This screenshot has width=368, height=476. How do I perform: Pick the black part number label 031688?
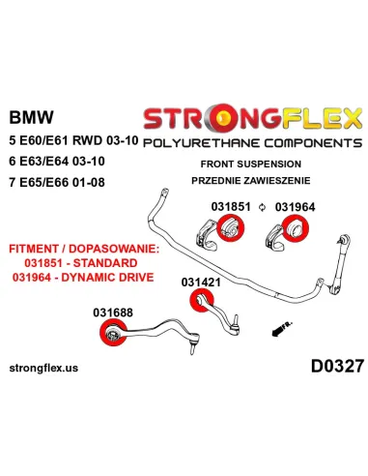point(114,312)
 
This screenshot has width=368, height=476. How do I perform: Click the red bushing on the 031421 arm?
point(202,305)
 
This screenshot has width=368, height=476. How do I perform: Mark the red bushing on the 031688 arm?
point(110,335)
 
